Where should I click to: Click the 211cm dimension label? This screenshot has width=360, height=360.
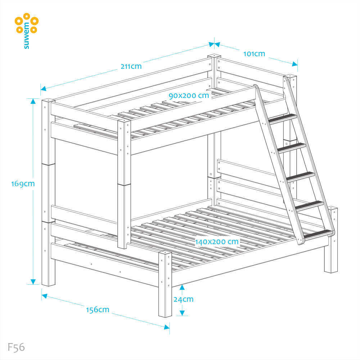131,66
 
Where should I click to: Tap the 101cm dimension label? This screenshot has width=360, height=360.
254,54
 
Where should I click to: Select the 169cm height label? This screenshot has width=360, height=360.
23,184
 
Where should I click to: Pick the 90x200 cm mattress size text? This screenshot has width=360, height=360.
189,95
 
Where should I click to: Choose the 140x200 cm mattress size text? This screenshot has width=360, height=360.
217,242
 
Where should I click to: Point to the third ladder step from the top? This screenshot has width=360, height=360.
301,176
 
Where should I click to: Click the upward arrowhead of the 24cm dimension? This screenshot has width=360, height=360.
183,287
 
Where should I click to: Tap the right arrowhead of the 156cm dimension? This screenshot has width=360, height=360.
167,327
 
